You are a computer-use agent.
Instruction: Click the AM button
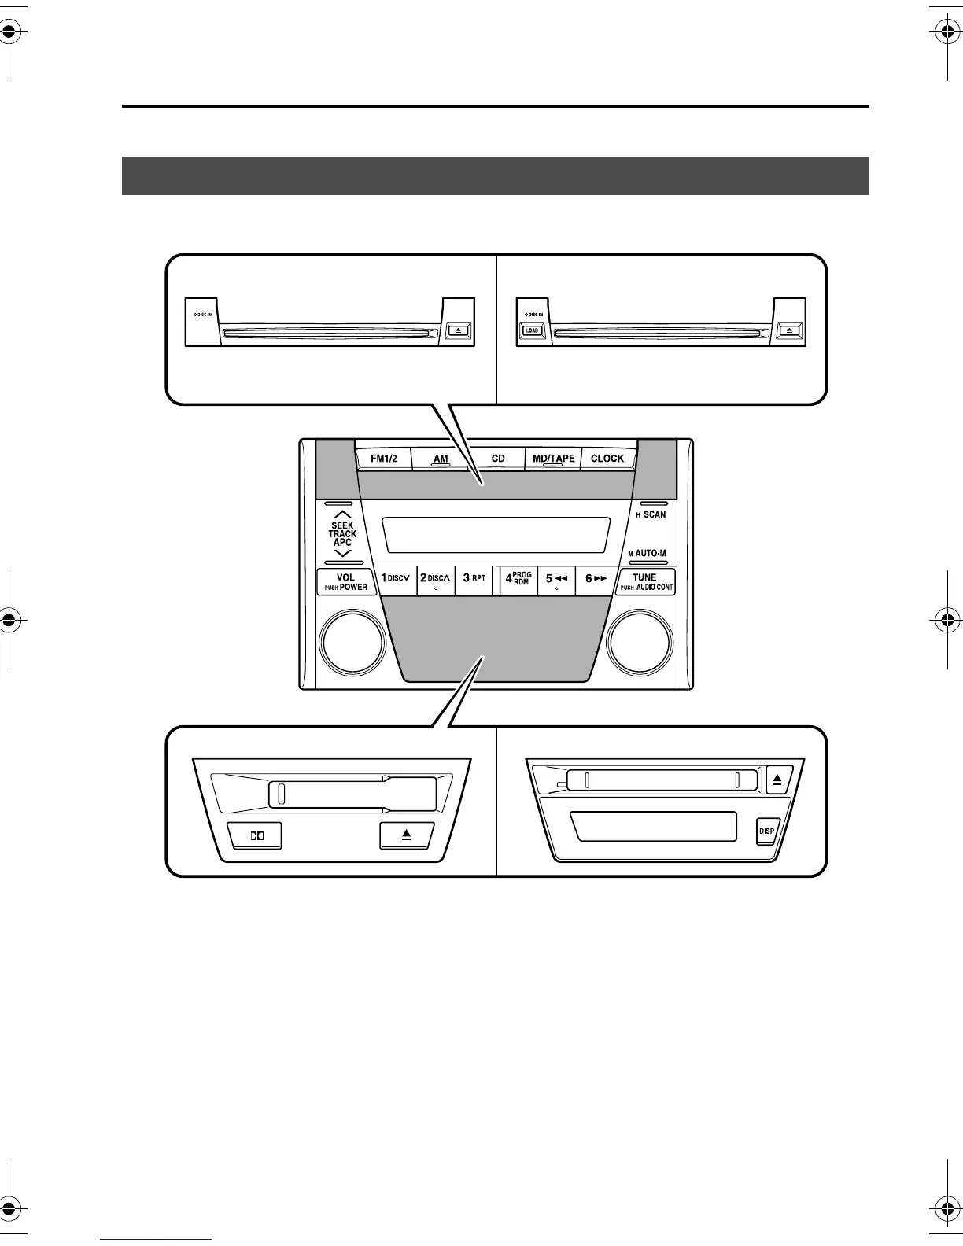(441, 459)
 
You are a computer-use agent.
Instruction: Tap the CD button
(498, 459)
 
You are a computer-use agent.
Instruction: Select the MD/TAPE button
(554, 459)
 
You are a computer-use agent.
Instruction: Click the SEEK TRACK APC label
(342, 533)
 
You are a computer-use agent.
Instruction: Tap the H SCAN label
(651, 514)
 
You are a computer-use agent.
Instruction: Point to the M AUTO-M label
(648, 553)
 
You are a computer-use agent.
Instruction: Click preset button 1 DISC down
(396, 578)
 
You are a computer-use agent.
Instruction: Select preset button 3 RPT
(474, 578)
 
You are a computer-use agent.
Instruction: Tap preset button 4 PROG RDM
(518, 578)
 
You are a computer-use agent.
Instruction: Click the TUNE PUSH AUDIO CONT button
(645, 582)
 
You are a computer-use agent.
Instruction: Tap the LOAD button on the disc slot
(533, 330)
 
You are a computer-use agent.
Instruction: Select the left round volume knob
(352, 643)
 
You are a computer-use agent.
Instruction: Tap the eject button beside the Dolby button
(406, 835)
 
